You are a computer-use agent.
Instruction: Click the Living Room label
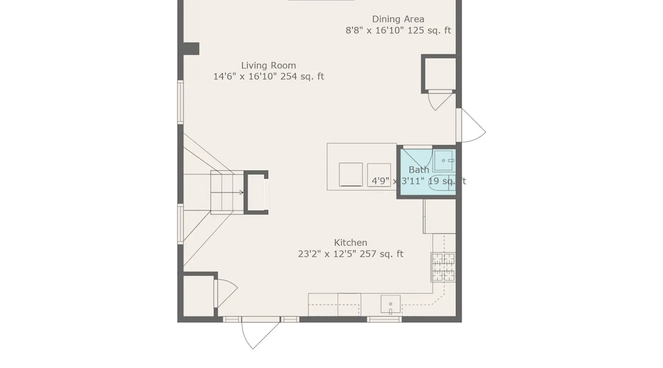(269, 66)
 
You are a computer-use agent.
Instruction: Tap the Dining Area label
(398, 19)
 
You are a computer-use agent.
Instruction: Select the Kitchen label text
(351, 243)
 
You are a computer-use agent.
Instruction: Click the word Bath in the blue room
(419, 170)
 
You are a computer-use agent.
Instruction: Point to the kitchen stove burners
(443, 268)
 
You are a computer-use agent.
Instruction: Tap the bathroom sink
(443, 160)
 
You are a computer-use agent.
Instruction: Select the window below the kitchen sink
(384, 319)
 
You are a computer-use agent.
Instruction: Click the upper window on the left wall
(180, 102)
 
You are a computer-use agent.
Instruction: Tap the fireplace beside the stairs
(256, 192)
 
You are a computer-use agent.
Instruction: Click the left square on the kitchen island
(351, 174)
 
